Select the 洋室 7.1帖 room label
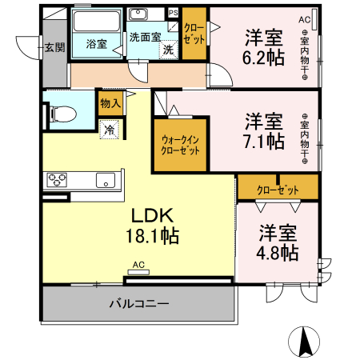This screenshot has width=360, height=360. tap(263, 131)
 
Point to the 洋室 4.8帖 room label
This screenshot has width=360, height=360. tap(278, 242)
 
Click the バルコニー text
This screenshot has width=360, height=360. tap(139, 304)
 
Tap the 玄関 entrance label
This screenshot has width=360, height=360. tap(54, 47)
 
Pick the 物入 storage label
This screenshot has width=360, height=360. tap(110, 102)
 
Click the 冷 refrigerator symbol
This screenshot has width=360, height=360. tap(108, 128)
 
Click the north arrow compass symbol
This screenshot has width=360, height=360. tap(305, 342)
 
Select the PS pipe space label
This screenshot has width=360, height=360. tap(173, 12)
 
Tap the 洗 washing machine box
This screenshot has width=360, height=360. tap(168, 50)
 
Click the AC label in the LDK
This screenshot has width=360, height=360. tap(138, 265)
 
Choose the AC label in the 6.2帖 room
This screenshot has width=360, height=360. tap(304, 19)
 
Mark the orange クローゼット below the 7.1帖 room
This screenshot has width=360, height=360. tap(278, 190)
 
